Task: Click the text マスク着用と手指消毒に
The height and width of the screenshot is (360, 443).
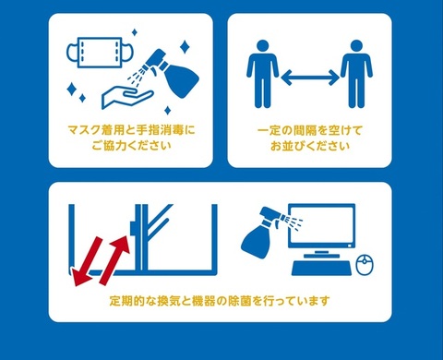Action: (133, 129)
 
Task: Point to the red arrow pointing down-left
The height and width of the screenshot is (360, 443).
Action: (90, 258)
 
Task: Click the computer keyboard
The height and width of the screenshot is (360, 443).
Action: (319, 268)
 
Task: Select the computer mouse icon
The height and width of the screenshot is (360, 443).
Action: (364, 266)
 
